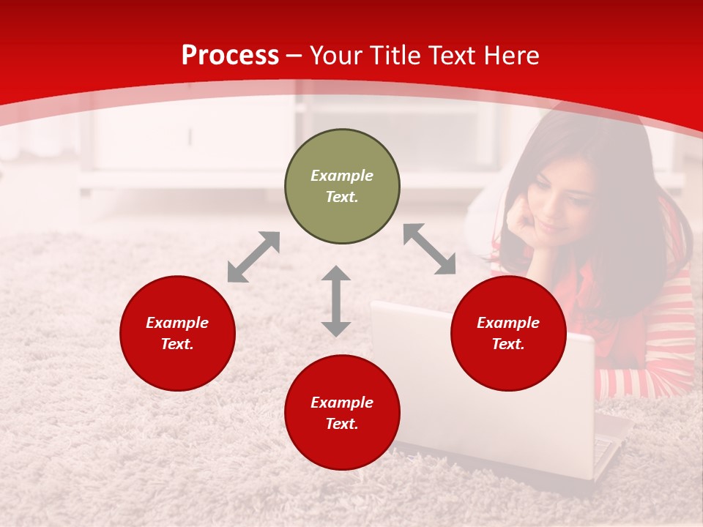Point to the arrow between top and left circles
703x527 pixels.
[x=253, y=257]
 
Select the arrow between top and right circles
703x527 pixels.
[x=429, y=250]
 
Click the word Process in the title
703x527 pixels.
[x=230, y=55]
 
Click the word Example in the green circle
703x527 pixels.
[x=342, y=176]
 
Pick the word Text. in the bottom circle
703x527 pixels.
[x=342, y=424]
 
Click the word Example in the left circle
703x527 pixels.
[x=177, y=323]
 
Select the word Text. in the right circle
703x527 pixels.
[x=508, y=344]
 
